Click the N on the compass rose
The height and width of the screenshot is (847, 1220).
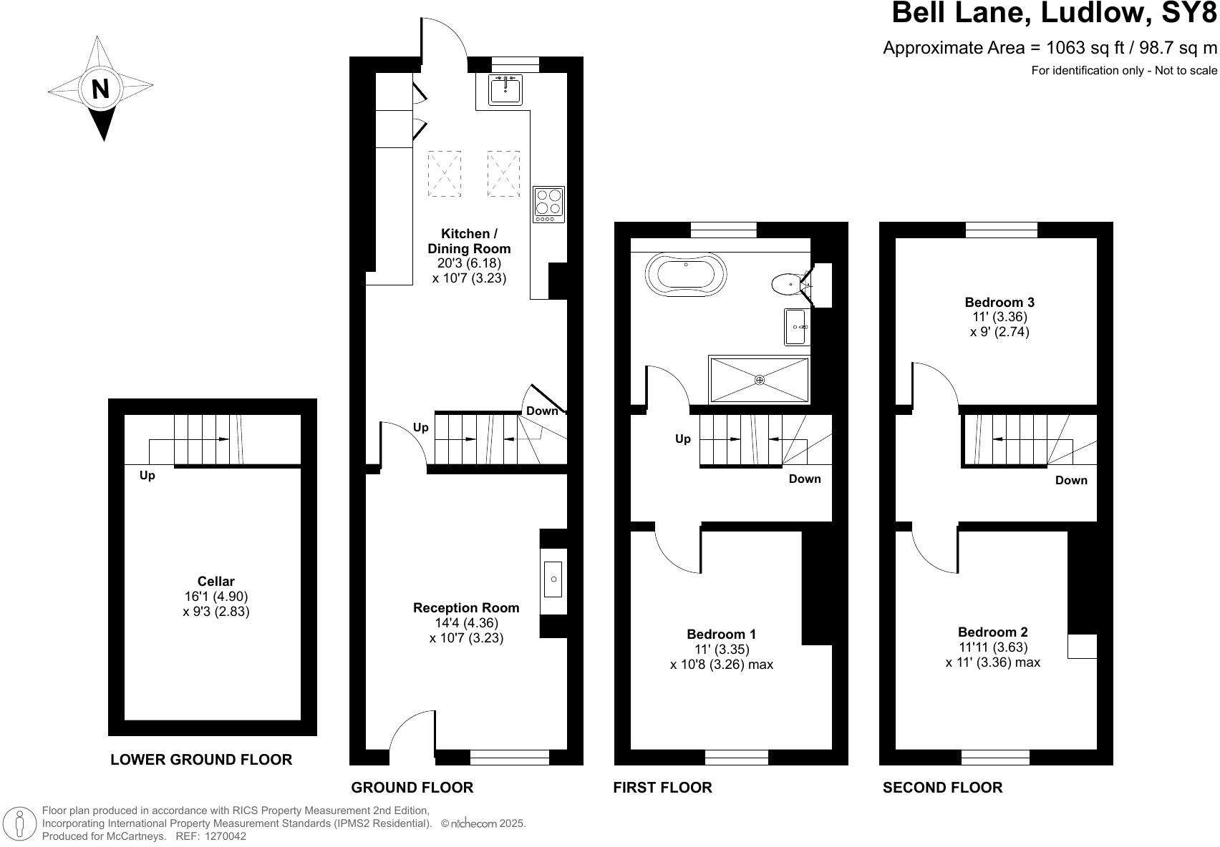pyautogui.click(x=100, y=89)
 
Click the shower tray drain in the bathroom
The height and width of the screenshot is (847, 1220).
pyautogui.click(x=760, y=380)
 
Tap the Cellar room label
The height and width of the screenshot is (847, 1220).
pyautogui.click(x=216, y=582)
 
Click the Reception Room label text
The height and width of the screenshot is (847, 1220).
pyautogui.click(x=466, y=607)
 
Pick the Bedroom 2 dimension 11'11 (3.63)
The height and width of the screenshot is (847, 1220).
pyautogui.click(x=993, y=647)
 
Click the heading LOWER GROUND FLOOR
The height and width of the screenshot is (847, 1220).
pyautogui.click(x=201, y=760)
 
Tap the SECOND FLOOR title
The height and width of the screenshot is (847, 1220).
pyautogui.click(x=942, y=788)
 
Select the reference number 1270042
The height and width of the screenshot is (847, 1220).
pyautogui.click(x=226, y=836)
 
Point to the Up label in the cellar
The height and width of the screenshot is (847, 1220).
pyautogui.click(x=147, y=475)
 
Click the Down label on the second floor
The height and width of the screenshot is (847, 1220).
pyautogui.click(x=1070, y=480)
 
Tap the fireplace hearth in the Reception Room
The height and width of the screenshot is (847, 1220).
pyautogui.click(x=553, y=579)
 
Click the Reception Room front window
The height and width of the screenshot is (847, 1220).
pyautogui.click(x=509, y=757)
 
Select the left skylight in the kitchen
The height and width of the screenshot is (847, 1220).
pyautogui.click(x=445, y=174)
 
